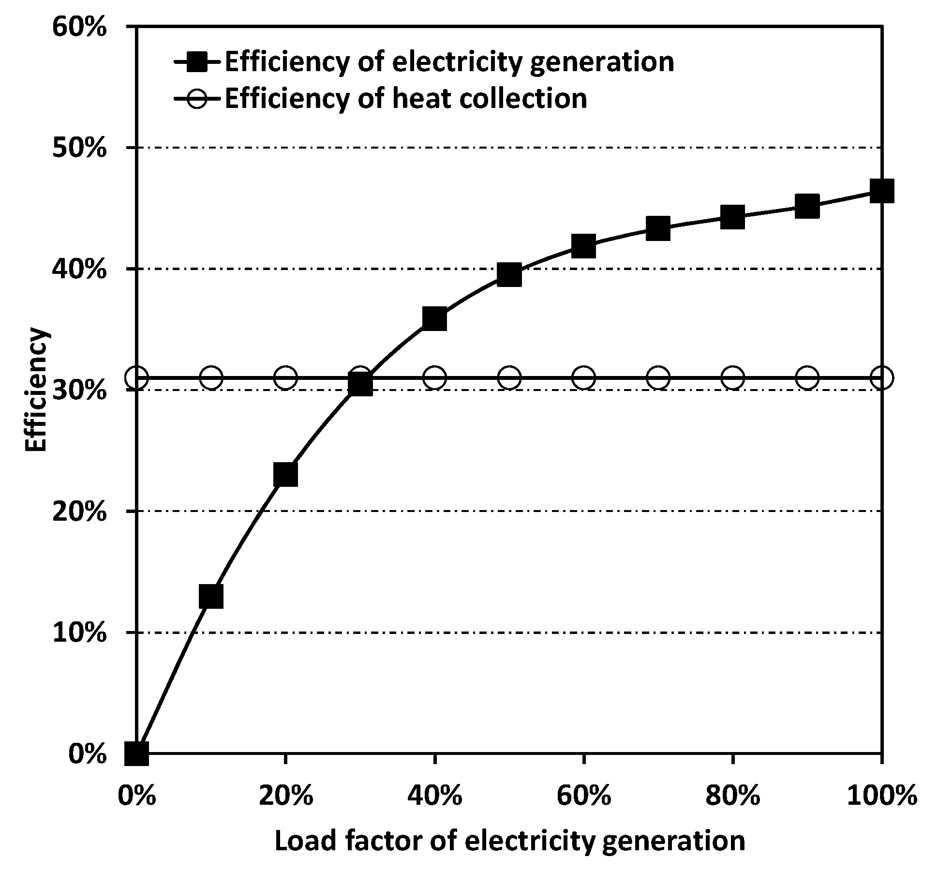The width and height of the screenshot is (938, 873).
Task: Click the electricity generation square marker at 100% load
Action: [881, 190]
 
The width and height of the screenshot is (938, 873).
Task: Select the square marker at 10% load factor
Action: [211, 596]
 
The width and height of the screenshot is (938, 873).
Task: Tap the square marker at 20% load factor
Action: [285, 474]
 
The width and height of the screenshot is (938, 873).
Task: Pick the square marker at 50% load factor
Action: [509, 275]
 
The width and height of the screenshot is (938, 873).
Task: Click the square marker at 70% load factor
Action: [658, 228]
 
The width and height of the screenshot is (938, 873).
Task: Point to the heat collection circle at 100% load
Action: [881, 377]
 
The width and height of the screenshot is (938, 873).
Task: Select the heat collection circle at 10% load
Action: [211, 377]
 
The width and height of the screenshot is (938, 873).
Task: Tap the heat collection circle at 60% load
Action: [583, 377]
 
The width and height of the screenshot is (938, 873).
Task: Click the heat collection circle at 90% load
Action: [807, 377]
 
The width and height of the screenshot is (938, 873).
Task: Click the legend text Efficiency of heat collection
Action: [405, 98]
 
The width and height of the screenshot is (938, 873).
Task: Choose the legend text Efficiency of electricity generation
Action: [449, 62]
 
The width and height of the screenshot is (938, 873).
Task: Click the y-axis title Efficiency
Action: [36, 390]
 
